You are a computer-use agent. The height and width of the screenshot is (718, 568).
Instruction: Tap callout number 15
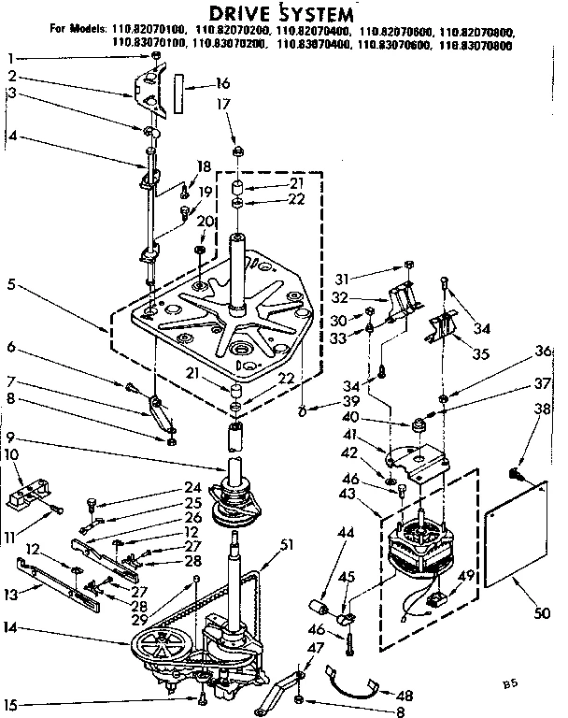pyautogui.click(x=11, y=704)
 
